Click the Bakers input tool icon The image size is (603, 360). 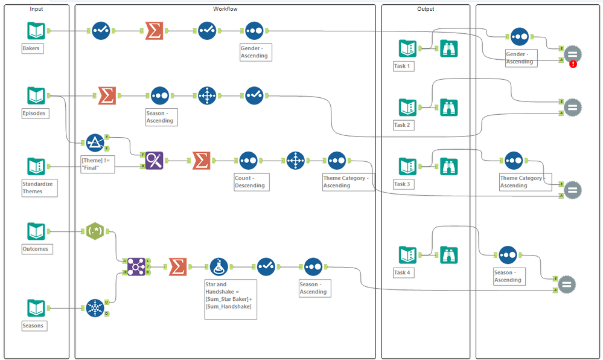[36, 31]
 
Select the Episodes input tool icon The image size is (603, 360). [36, 95]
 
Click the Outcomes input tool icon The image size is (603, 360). [36, 231]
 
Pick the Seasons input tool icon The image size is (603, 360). [36, 308]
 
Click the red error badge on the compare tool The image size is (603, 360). [573, 64]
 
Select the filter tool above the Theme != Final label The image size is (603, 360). [95, 143]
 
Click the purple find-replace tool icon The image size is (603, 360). [154, 161]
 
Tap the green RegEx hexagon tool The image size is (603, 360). [95, 231]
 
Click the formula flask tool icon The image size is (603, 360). [219, 266]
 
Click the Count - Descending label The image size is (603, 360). [250, 182]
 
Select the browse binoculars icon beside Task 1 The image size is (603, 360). [448, 48]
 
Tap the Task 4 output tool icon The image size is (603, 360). [407, 255]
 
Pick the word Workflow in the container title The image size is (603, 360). [225, 9]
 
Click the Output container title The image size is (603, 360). [426, 9]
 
